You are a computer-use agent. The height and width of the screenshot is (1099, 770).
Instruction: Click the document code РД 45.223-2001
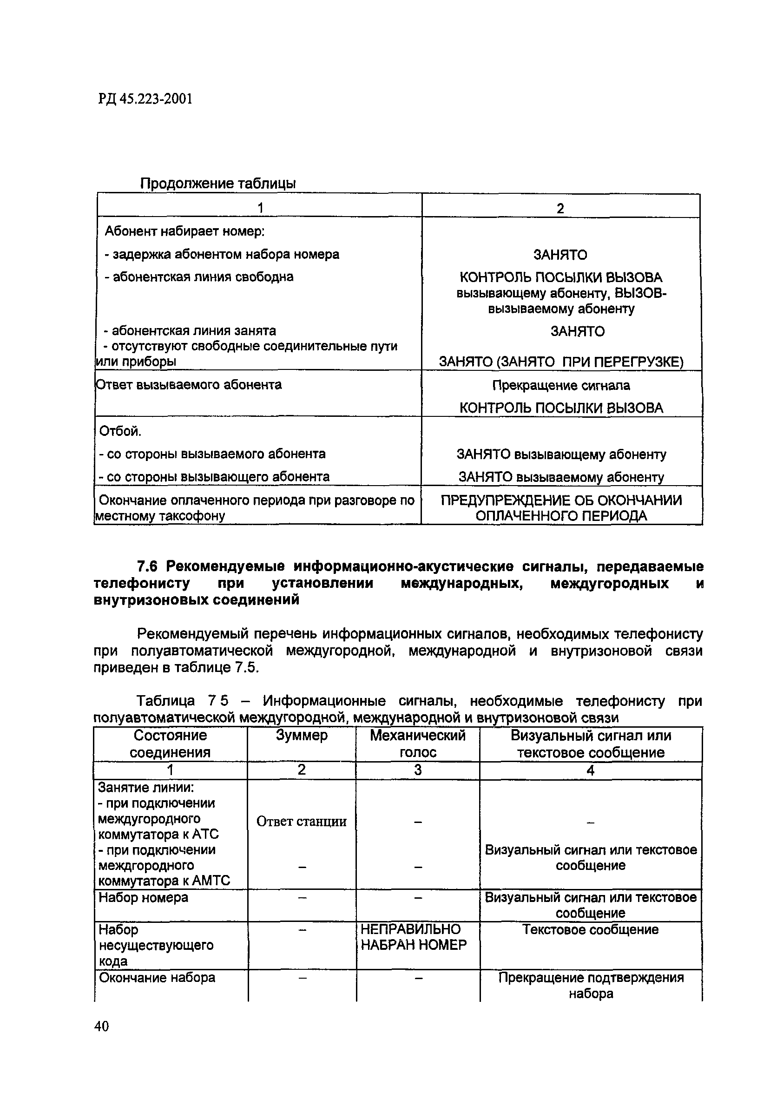point(145,99)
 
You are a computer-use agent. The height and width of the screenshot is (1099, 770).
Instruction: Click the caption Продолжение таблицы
point(218,184)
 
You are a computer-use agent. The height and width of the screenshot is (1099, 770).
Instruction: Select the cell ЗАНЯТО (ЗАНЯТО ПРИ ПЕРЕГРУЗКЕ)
point(561,362)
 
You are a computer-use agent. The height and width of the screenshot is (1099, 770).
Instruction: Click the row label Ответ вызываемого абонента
point(189,385)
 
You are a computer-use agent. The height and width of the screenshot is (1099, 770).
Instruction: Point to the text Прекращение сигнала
point(561,385)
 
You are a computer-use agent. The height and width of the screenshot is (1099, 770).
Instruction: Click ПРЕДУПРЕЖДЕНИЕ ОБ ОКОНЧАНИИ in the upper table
point(561,500)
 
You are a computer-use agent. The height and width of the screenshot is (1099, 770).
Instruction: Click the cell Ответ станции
point(302,822)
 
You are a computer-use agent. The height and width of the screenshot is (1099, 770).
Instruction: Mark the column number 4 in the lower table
point(590,770)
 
